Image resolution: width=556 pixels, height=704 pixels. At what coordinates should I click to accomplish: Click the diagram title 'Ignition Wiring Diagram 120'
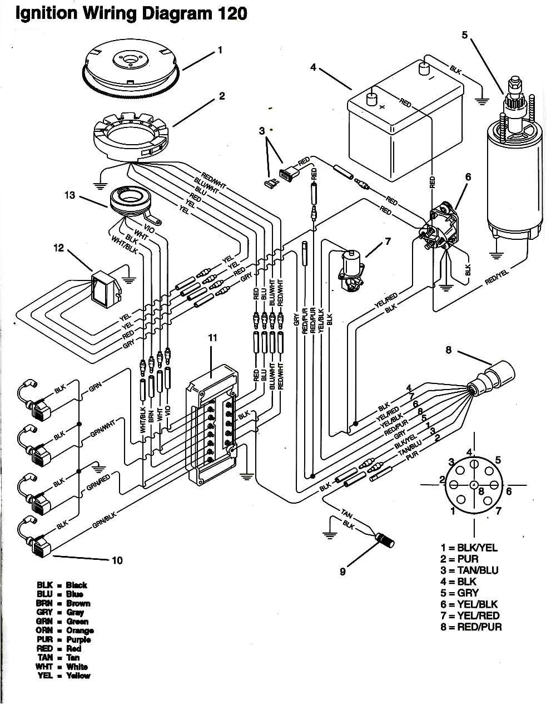point(131,13)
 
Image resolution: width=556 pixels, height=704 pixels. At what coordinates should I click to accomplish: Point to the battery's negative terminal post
point(424,68)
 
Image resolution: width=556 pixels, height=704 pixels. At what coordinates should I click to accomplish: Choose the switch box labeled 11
point(214,423)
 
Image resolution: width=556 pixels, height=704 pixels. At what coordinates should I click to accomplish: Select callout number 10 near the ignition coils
point(117,560)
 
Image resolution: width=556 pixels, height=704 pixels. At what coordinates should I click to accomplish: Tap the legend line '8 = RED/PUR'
point(471,627)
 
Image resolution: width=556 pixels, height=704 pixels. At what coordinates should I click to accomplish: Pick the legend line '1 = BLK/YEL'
point(469,548)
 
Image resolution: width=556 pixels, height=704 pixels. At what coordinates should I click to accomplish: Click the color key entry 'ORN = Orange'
point(65,631)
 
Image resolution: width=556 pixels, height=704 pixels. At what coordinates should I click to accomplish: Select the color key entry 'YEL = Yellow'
point(63,676)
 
